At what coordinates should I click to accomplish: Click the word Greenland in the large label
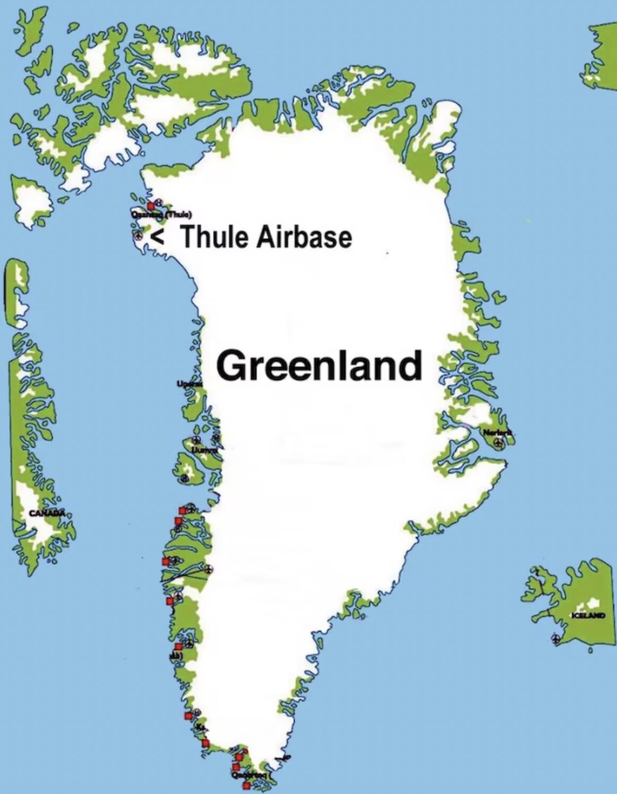pos(319,366)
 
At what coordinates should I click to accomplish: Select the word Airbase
pos(304,237)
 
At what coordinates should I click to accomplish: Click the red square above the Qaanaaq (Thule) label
pos(151,205)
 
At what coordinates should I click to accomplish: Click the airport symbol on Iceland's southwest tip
pos(556,638)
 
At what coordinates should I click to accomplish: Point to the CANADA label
pos(46,513)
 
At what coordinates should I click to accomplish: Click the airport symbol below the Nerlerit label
pos(498,444)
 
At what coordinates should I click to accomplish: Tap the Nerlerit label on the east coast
pos(497,433)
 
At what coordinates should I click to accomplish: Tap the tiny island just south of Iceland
pos(589,652)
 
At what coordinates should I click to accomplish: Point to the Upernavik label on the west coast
pos(189,382)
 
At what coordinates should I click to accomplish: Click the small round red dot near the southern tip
pos(245,752)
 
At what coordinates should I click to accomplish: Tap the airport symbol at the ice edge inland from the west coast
pos(208,570)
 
